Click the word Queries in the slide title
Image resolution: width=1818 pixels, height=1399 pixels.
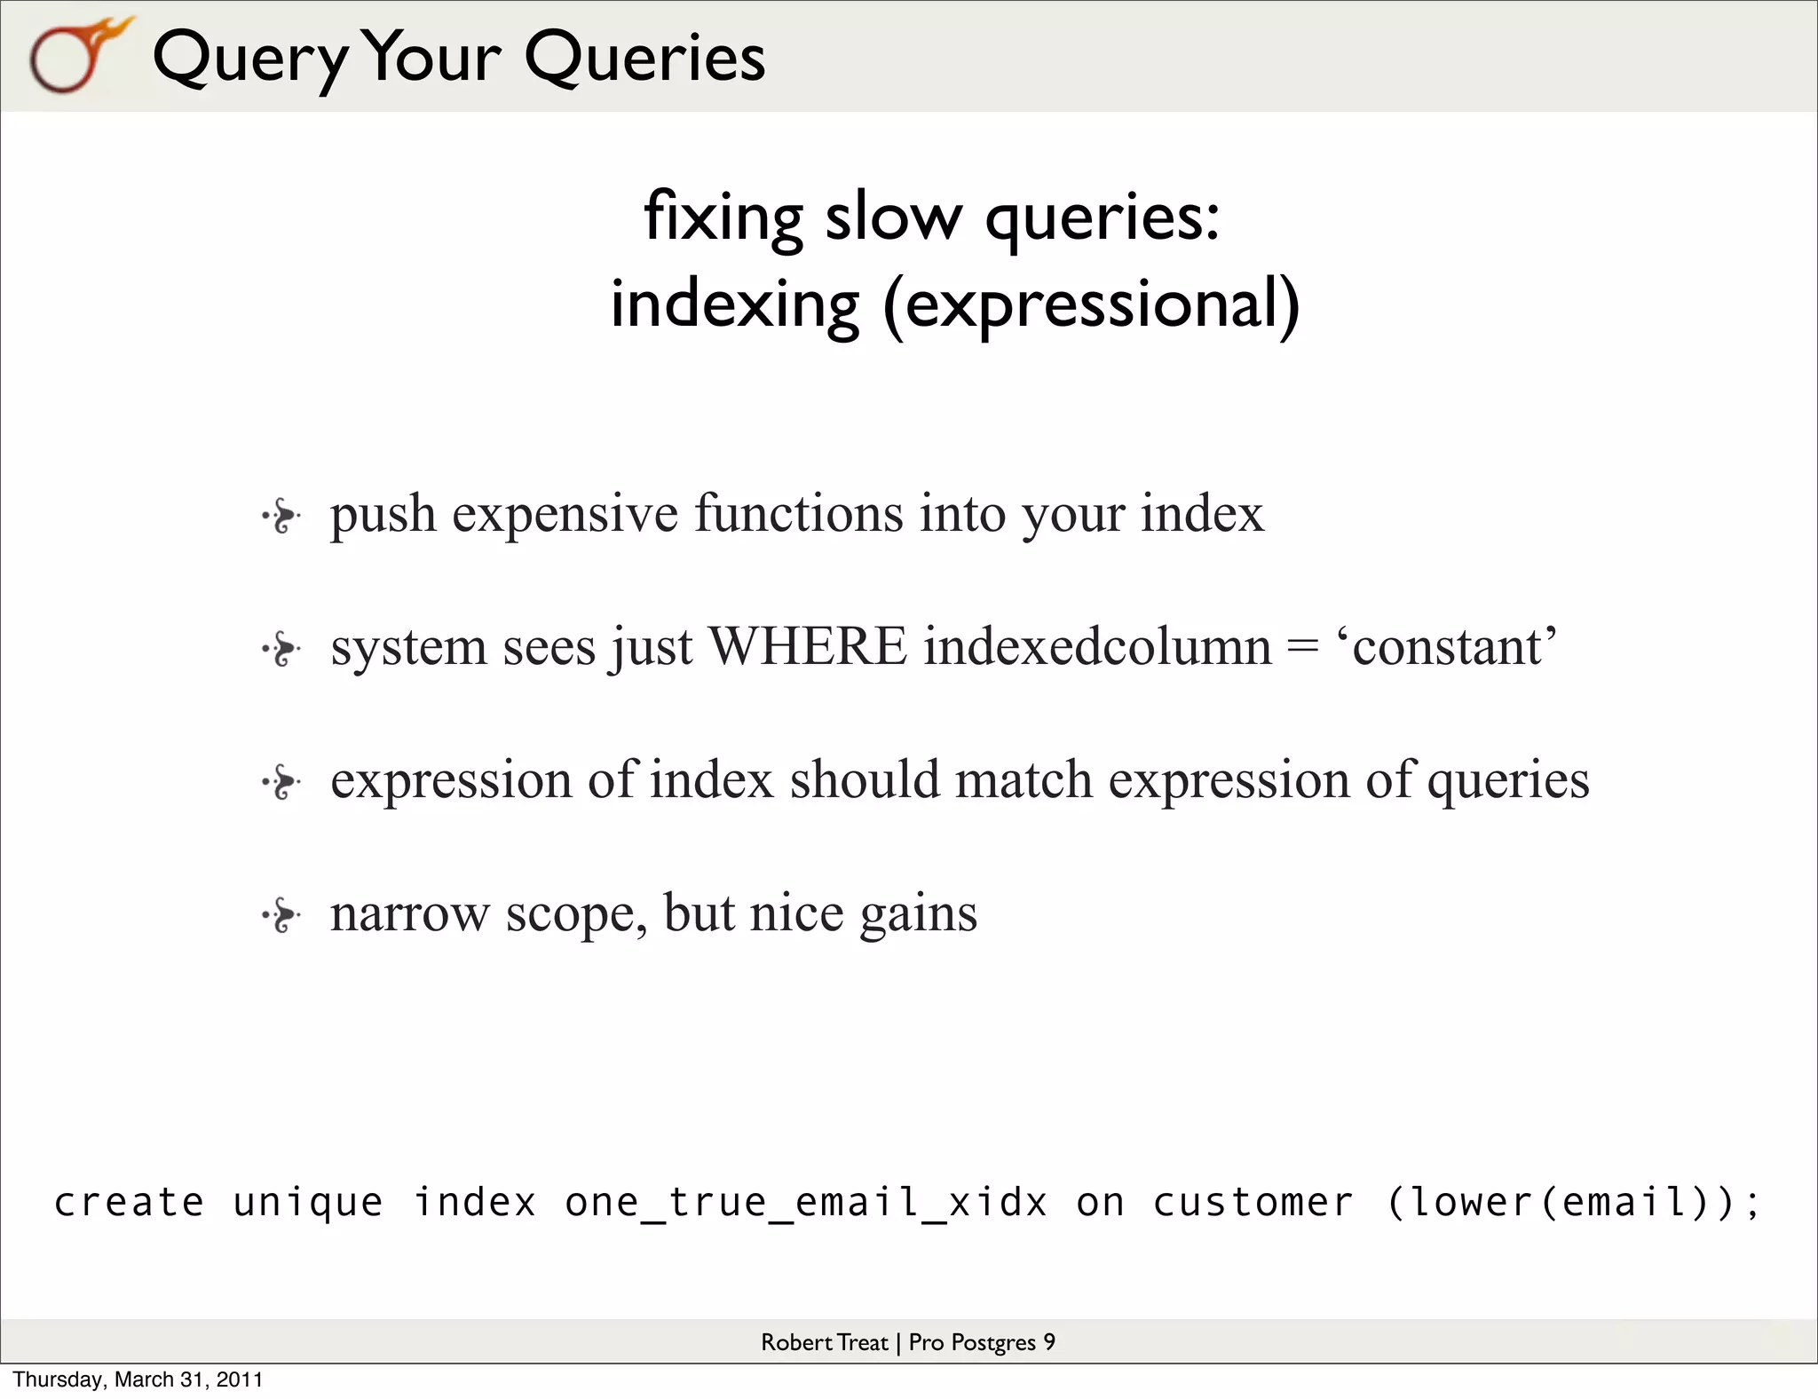tap(644, 58)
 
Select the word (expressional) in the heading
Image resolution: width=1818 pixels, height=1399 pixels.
tap(1091, 304)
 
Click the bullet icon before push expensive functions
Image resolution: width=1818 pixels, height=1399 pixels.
tap(281, 516)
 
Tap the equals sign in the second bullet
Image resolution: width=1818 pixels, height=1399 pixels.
tap(1302, 647)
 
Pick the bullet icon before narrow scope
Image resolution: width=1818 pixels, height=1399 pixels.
tap(281, 915)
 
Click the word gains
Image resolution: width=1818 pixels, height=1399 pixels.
tap(918, 914)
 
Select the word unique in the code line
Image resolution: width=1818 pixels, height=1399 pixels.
tap(308, 1203)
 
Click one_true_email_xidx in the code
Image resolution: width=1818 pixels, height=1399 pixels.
tap(806, 1203)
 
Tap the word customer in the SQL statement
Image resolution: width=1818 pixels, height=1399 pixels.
tap(1253, 1203)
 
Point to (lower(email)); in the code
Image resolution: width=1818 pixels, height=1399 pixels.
tap(1572, 1203)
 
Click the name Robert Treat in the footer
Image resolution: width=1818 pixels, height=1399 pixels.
tap(824, 1342)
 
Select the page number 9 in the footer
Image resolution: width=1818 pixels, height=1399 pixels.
tap(1049, 1342)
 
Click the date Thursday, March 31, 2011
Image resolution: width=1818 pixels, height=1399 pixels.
tap(138, 1379)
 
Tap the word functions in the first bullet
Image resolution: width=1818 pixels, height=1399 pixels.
tap(798, 514)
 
